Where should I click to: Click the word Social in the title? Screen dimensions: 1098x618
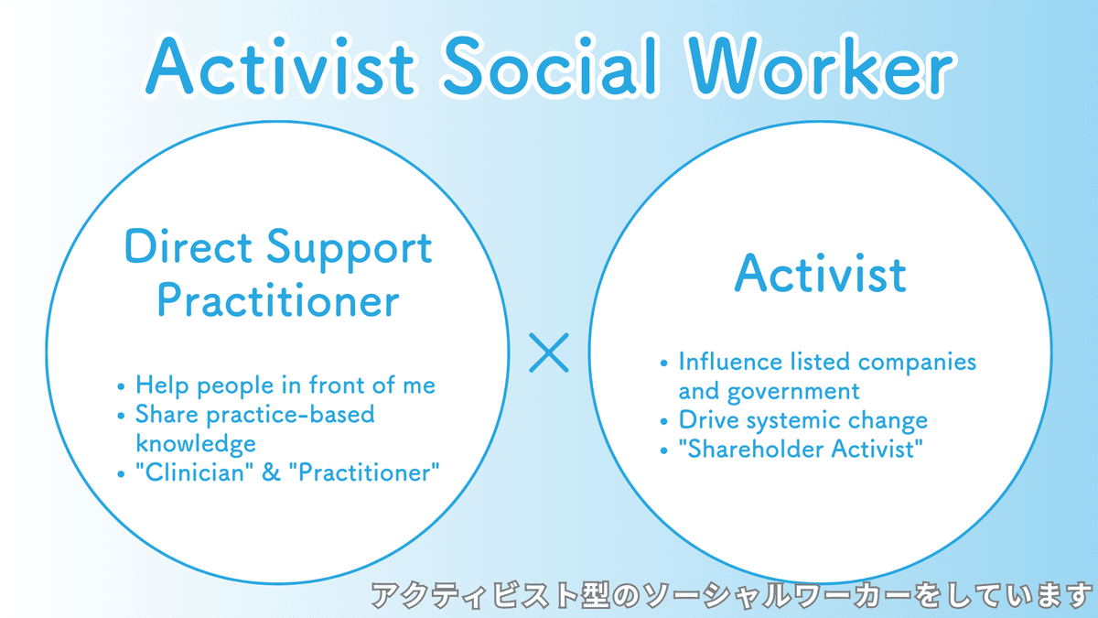(551, 65)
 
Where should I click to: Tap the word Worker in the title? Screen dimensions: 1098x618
(822, 65)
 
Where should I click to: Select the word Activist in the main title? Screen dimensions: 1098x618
(280, 65)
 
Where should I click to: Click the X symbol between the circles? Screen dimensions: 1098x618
(549, 352)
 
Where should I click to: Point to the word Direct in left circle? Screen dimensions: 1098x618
(188, 246)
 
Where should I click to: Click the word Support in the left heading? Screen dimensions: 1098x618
(349, 250)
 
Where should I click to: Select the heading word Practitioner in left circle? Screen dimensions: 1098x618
(278, 300)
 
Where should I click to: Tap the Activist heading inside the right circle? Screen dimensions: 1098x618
(821, 274)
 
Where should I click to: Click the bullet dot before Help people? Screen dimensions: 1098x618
(121, 387)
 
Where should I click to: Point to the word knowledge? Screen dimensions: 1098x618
(196, 443)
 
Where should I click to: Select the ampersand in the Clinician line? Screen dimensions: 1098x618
(271, 472)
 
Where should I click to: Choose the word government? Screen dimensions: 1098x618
(793, 392)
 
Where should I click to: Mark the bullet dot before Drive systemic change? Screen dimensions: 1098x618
(663, 422)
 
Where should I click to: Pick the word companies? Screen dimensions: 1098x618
(917, 363)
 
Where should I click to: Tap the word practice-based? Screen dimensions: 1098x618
(291, 416)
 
